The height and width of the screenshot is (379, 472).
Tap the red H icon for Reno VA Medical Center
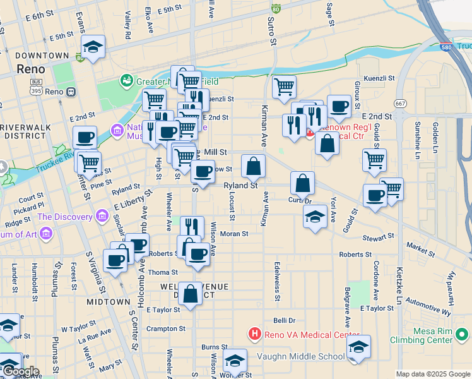click(254, 334)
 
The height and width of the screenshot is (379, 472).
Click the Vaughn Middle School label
click(300, 356)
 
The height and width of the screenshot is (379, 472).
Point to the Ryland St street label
click(241, 186)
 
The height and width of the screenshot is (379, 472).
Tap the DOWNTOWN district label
click(42, 56)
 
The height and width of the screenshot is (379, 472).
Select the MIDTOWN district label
click(109, 302)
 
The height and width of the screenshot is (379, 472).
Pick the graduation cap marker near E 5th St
click(93, 47)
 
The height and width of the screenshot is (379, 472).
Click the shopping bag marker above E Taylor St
click(190, 294)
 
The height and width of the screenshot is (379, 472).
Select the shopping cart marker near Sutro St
click(284, 87)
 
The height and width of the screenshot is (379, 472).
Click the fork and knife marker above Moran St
click(192, 227)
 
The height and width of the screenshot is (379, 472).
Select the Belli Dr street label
click(284, 321)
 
